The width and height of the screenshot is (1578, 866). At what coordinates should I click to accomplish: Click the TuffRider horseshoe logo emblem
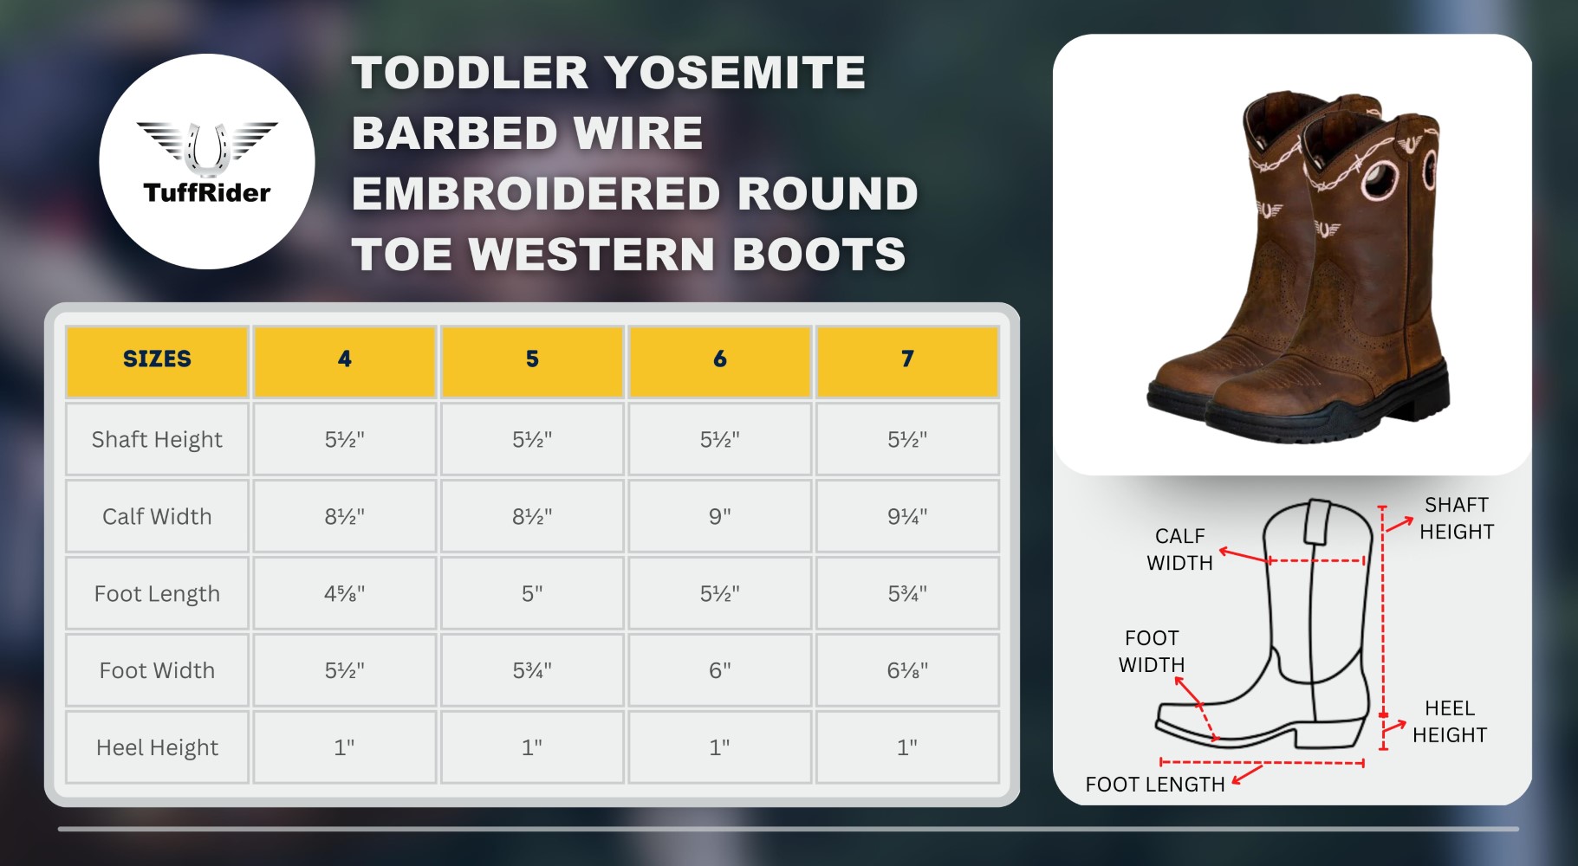(207, 147)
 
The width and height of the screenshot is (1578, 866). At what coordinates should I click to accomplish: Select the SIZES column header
(157, 359)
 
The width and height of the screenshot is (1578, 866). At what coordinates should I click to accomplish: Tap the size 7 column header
(907, 359)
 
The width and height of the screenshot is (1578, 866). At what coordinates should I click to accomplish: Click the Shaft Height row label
(157, 440)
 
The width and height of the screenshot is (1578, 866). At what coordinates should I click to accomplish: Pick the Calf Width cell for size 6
(719, 517)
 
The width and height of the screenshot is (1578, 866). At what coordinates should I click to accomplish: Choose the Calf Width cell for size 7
(907, 517)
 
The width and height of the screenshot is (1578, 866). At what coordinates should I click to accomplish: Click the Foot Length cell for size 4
(345, 594)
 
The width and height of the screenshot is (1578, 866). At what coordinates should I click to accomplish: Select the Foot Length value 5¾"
(907, 594)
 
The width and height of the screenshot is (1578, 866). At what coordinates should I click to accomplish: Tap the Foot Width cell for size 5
(532, 671)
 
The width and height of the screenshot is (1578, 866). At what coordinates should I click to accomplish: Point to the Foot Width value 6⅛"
(907, 671)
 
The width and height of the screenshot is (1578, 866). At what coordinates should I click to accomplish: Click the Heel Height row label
(157, 748)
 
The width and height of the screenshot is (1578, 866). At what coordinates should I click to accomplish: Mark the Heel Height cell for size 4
(345, 748)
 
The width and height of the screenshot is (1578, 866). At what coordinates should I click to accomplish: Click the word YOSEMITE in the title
(735, 73)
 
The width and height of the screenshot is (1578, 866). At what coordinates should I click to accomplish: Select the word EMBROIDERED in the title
(536, 194)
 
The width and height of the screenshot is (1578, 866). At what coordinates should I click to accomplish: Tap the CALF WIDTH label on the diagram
(1179, 549)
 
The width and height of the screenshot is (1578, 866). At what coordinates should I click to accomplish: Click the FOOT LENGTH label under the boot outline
(1155, 785)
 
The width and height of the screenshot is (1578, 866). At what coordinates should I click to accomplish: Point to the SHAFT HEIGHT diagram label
(1457, 518)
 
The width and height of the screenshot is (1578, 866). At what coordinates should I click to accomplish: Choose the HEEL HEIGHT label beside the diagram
(1450, 721)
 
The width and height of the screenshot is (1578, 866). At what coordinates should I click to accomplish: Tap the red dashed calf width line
(1316, 561)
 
